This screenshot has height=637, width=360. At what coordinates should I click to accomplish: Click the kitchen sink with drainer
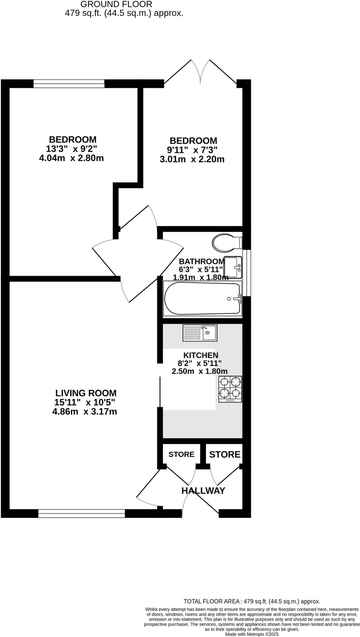point(200,333)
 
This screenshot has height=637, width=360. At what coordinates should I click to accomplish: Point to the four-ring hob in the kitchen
point(230,389)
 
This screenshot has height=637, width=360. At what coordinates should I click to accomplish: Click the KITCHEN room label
point(201,355)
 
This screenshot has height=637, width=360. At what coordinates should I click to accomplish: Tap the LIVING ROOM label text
point(86,393)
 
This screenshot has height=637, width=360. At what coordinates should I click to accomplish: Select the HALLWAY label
point(203,491)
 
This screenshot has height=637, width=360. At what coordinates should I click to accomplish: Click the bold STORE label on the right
point(224,455)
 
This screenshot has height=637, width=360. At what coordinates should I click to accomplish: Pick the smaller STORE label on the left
point(181,454)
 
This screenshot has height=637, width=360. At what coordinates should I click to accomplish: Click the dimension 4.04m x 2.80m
point(71,158)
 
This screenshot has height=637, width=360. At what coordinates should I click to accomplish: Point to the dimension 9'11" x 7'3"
point(192,150)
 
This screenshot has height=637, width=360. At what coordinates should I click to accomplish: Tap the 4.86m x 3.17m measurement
point(85,412)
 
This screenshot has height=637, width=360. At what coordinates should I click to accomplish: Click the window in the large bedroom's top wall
point(69,83)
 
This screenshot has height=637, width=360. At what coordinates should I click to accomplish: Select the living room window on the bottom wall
point(81,513)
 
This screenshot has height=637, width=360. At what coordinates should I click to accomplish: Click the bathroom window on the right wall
point(247,273)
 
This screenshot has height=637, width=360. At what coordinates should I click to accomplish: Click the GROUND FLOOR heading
point(116,4)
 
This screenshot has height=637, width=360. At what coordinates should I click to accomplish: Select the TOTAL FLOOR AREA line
point(252,602)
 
